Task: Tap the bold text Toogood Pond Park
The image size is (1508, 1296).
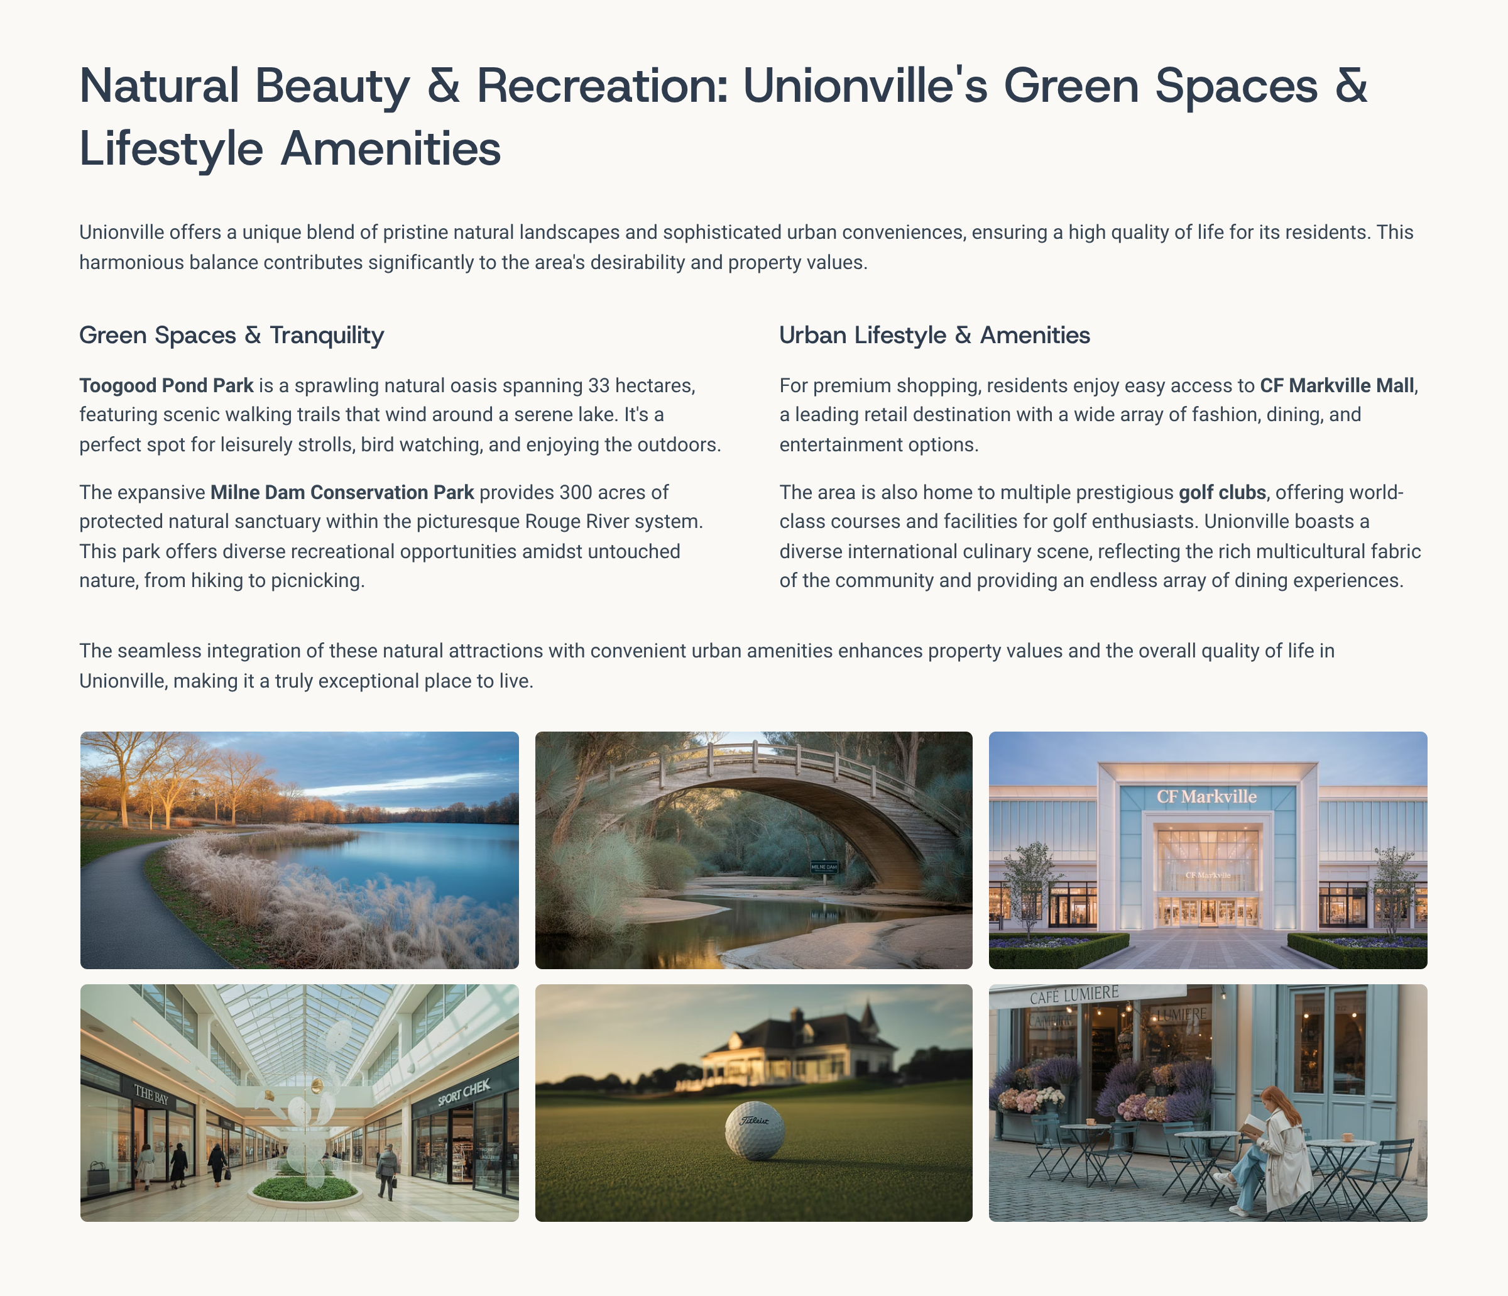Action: click(166, 385)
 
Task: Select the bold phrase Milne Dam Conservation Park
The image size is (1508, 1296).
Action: click(342, 492)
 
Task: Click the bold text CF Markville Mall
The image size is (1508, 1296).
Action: click(1337, 385)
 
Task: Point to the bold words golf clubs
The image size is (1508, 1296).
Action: click(1222, 492)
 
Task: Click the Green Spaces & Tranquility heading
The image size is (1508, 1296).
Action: click(231, 335)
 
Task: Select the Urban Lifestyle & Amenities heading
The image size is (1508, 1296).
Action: click(934, 335)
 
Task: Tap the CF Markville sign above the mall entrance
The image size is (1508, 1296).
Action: click(1206, 796)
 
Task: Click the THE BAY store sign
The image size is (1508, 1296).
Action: click(151, 1094)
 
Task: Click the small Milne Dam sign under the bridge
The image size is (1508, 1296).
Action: click(824, 867)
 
